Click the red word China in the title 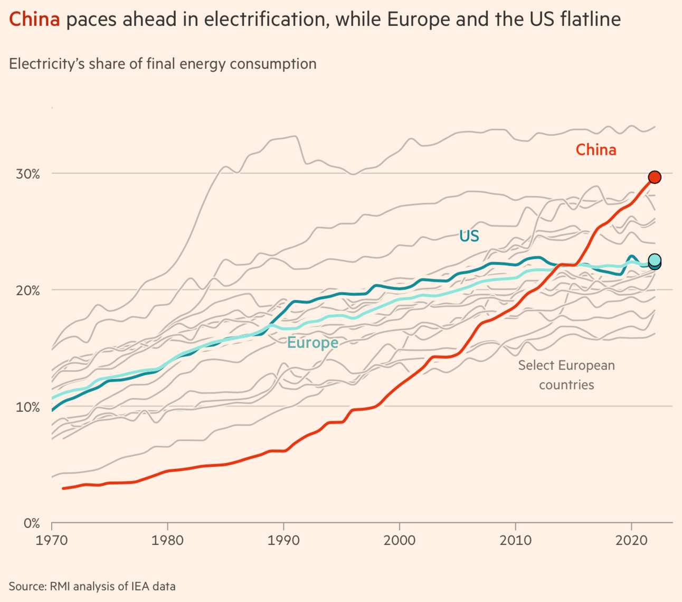coord(34,20)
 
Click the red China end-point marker coord(654,177)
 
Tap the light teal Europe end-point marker coord(655,260)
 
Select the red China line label coord(595,150)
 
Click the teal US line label coord(469,236)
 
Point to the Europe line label coord(312,343)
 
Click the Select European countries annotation coord(566,375)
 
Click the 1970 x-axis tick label coord(52,541)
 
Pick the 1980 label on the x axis coord(167,541)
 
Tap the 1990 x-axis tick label coord(283,541)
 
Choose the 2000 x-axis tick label coord(400,541)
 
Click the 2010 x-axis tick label coord(515,541)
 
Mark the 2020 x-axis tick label coord(631,541)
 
